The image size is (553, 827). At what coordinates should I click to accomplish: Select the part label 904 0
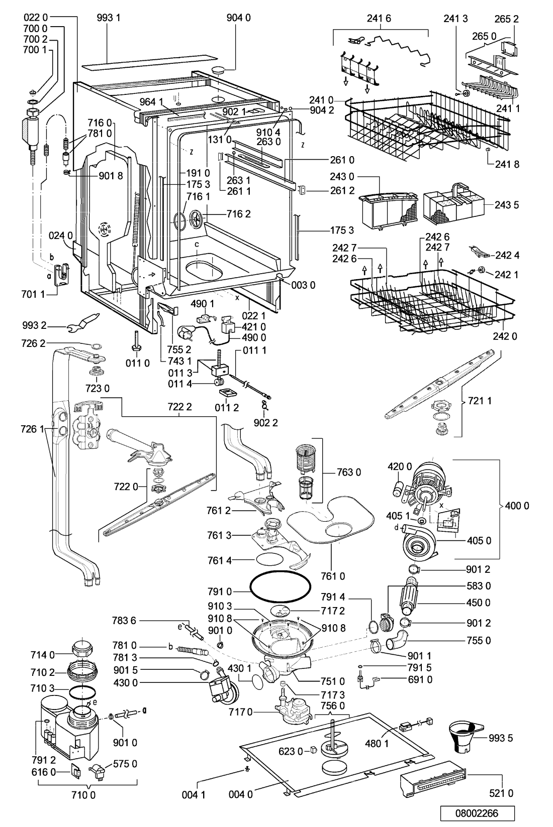point(238,18)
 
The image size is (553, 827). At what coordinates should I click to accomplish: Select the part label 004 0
point(241,794)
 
